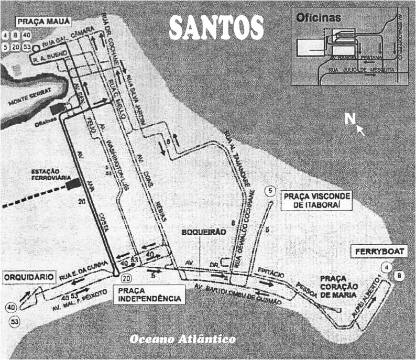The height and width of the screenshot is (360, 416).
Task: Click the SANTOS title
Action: pos(216,26)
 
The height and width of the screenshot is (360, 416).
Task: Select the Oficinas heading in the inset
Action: pos(319,17)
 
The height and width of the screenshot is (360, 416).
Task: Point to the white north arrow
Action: pos(360,129)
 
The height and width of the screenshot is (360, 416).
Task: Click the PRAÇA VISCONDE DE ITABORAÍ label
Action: pos(315,201)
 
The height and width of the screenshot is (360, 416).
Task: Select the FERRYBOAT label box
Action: pos(380,252)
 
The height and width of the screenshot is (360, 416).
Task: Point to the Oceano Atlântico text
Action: pos(182,339)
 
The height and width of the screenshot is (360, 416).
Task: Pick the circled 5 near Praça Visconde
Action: pos(270,191)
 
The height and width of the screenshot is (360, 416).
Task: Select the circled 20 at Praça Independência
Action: pos(126,278)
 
